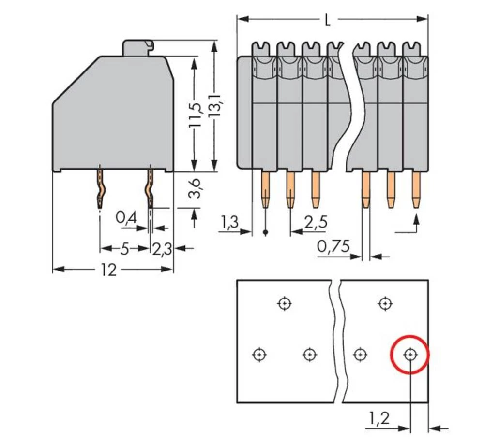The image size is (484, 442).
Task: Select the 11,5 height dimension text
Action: (x=195, y=115)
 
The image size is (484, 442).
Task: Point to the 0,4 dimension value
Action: (x=126, y=219)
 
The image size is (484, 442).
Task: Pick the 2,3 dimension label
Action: (x=162, y=249)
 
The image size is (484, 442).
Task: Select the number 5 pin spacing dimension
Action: (x=124, y=249)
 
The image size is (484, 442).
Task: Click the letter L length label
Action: (x=328, y=20)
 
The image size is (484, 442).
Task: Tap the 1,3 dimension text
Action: (x=229, y=223)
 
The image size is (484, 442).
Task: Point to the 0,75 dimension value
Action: (x=333, y=247)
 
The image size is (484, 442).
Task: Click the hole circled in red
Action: (x=410, y=356)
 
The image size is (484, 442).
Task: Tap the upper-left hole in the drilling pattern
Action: (x=285, y=304)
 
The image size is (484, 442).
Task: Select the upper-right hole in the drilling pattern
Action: (x=385, y=304)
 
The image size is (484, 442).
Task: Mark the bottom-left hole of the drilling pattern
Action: (x=259, y=355)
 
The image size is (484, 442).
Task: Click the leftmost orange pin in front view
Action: (x=265, y=189)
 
